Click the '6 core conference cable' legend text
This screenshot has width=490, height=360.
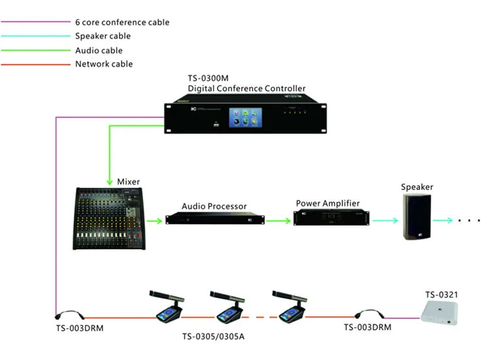[122, 22]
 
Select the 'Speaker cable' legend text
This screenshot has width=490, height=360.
[103, 37]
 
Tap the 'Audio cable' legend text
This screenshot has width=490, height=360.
[99, 50]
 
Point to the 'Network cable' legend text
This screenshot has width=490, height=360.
[104, 64]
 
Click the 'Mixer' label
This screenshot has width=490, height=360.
[128, 181]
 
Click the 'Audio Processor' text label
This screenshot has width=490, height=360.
[214, 206]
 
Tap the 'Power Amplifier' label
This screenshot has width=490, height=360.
[328, 203]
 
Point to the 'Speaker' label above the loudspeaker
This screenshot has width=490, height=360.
[417, 187]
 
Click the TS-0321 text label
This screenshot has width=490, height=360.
[442, 295]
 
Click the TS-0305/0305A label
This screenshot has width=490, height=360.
[218, 338]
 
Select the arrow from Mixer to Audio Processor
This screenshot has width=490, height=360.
[154, 221]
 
